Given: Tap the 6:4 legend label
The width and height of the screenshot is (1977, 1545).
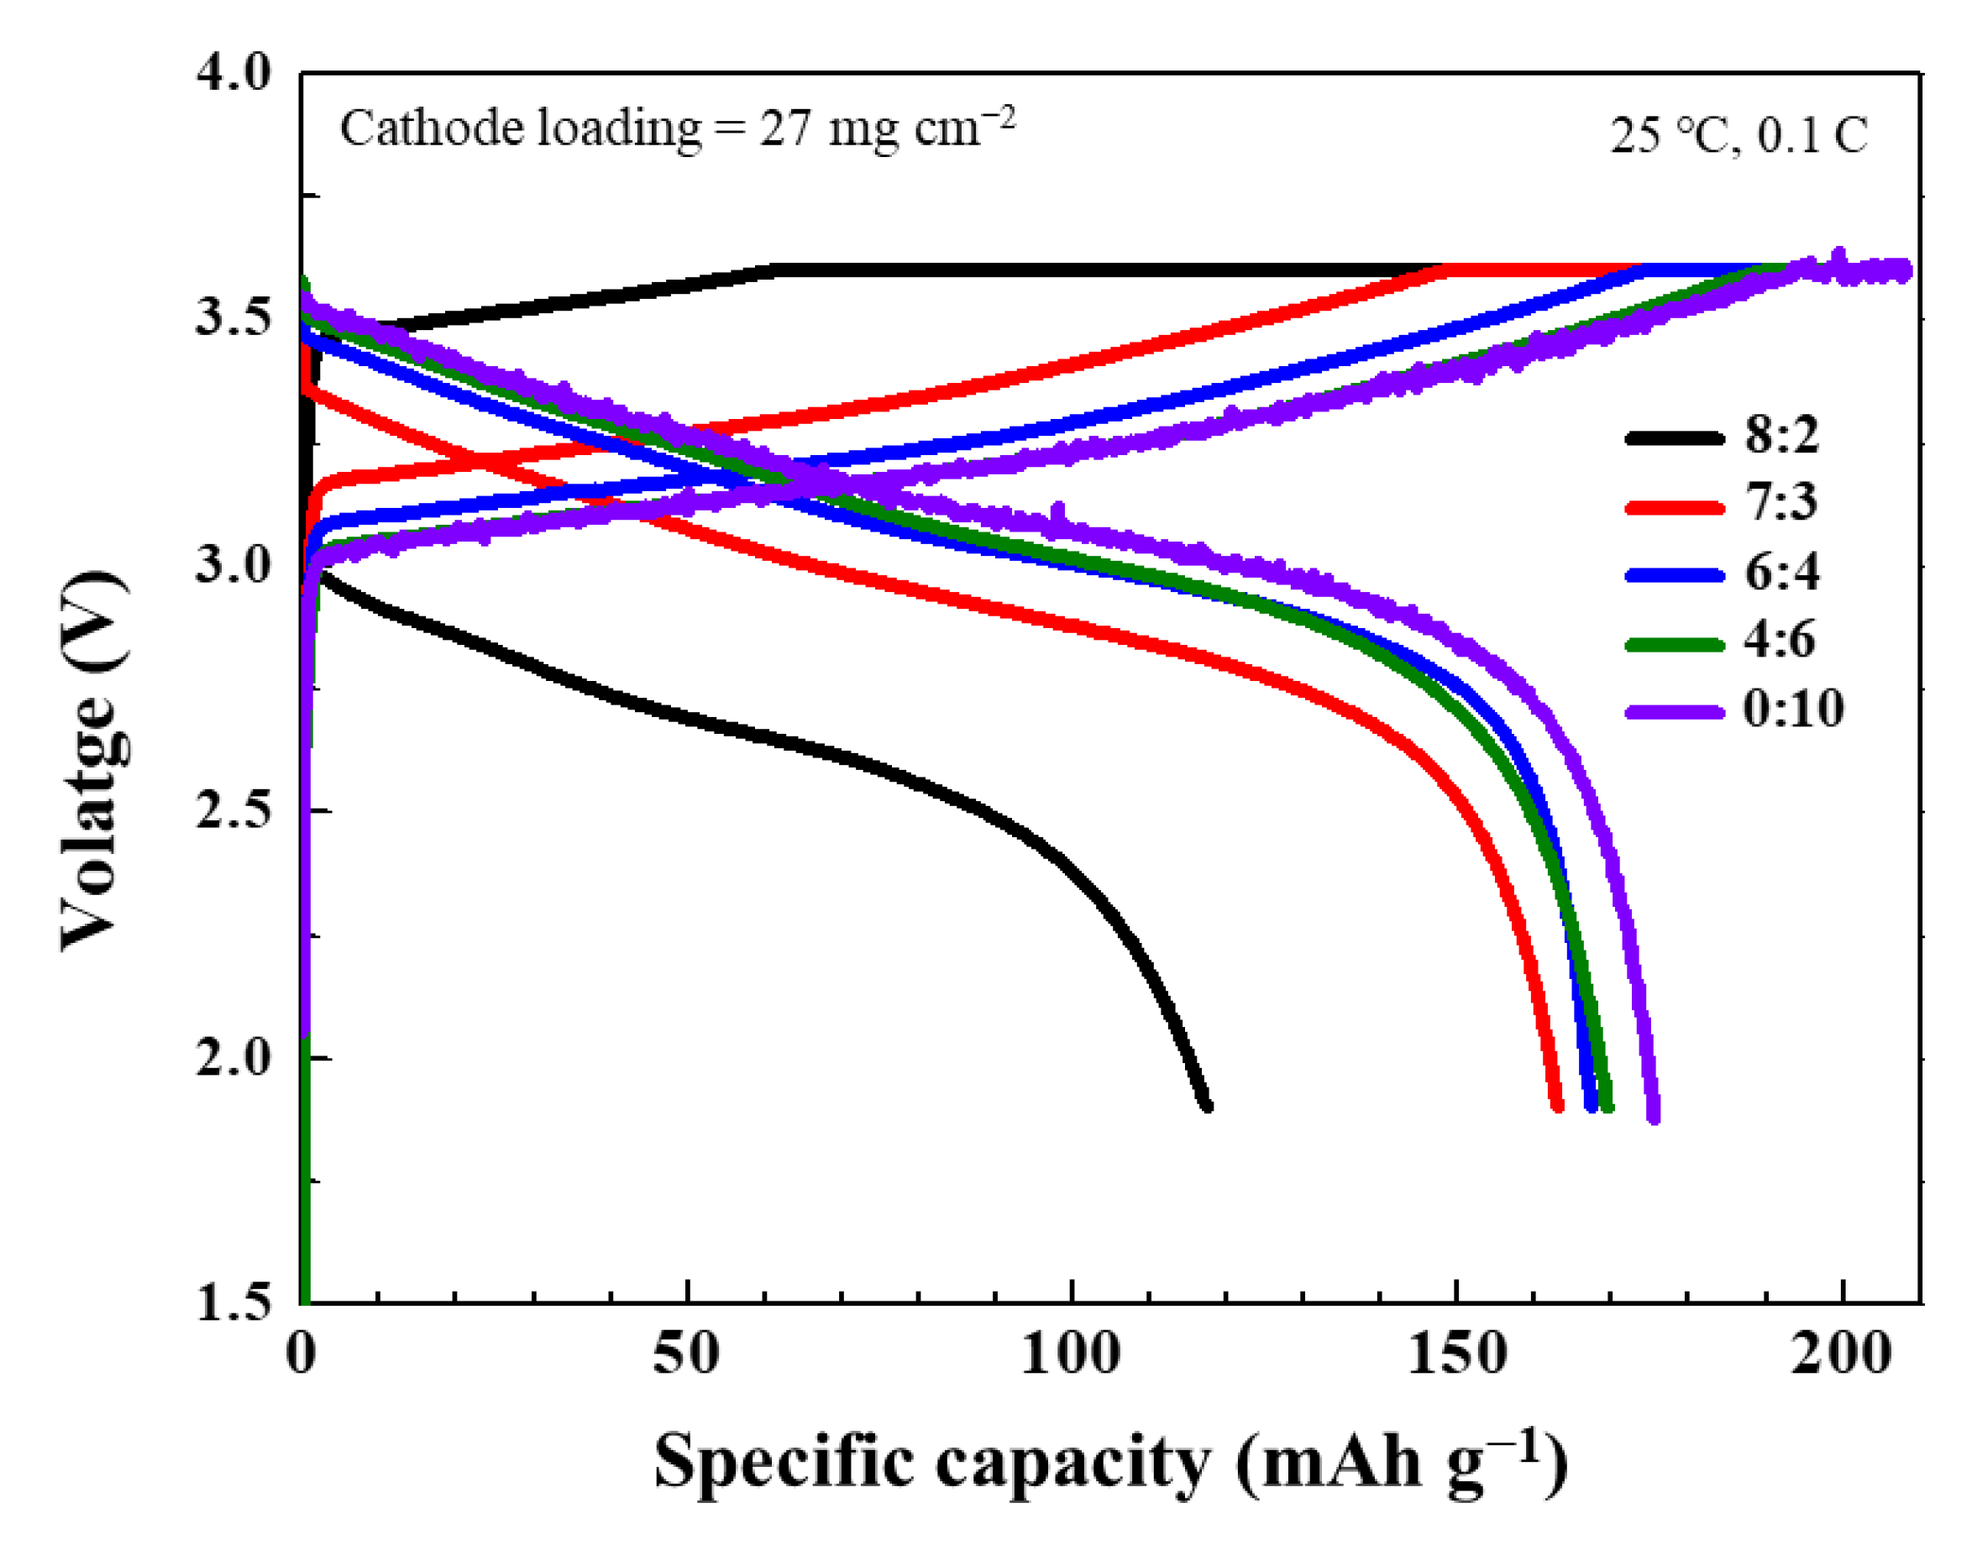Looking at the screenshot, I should coord(1781,573).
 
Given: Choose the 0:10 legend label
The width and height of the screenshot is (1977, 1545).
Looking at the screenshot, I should coord(1793,709).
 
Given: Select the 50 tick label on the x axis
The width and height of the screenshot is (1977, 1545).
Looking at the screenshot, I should coord(687,1356).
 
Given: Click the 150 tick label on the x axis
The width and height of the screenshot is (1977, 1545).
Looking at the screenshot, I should coord(1455,1356).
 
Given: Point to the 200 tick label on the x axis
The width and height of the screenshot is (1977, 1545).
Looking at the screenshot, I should coord(1841,1356).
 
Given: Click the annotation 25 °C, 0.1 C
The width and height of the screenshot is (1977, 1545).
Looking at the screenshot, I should coord(1738,137).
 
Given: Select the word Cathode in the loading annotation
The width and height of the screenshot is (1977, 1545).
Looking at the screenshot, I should coord(432,128).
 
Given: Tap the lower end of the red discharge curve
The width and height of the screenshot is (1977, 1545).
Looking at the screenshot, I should coord(1556,1105).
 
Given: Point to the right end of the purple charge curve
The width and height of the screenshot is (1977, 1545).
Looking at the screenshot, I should coord(1906,270).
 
